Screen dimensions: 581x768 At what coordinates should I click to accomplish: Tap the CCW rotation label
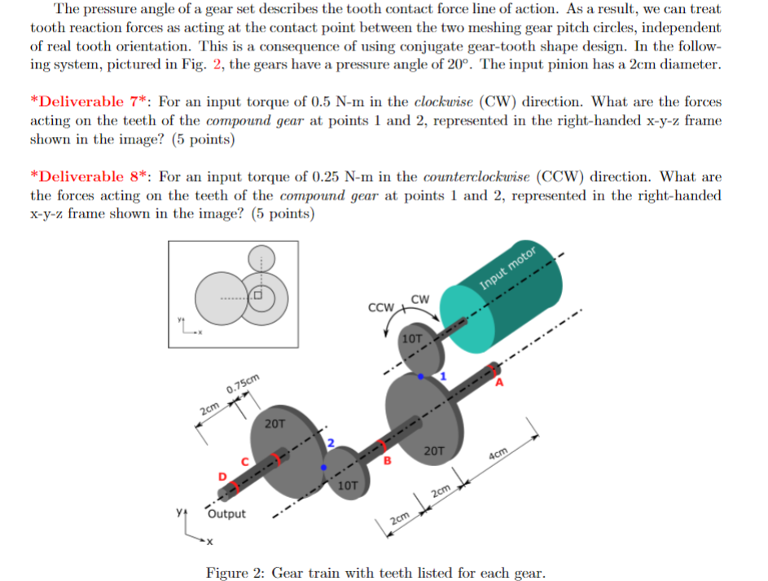click(380, 308)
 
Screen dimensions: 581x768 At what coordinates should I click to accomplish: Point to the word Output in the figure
click(226, 514)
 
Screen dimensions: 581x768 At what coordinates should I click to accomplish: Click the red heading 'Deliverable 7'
click(90, 103)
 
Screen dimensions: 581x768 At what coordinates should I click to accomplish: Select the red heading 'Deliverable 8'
click(90, 177)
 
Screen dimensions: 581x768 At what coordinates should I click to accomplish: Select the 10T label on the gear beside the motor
click(413, 337)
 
